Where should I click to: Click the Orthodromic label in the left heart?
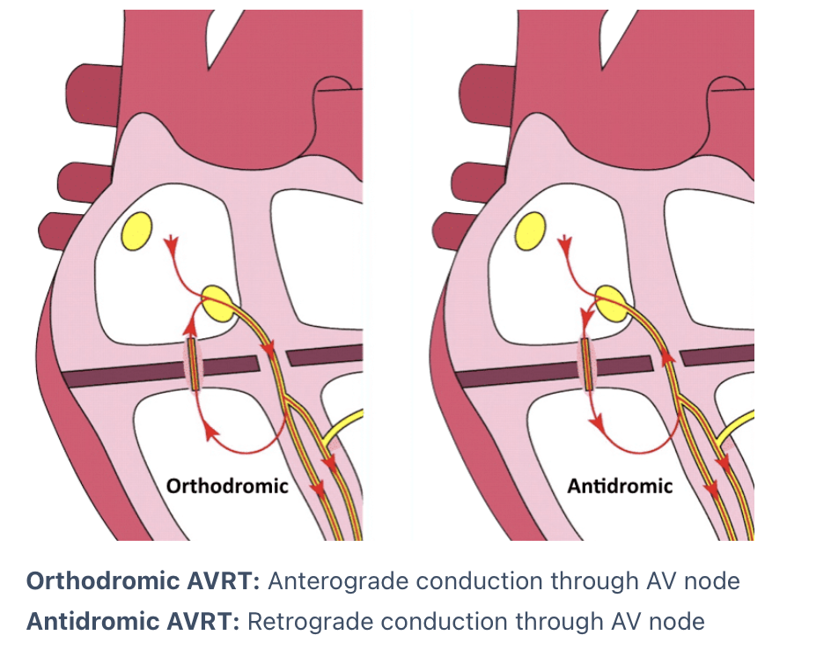coord(228,485)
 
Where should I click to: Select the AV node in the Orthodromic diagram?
coord(218,303)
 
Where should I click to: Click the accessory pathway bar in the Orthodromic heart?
coord(194,365)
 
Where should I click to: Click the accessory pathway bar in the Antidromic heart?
coord(586,365)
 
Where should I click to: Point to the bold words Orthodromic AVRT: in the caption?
coord(143,582)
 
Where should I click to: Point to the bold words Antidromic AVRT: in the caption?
coord(134,622)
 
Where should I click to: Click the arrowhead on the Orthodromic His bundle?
coord(269,354)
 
